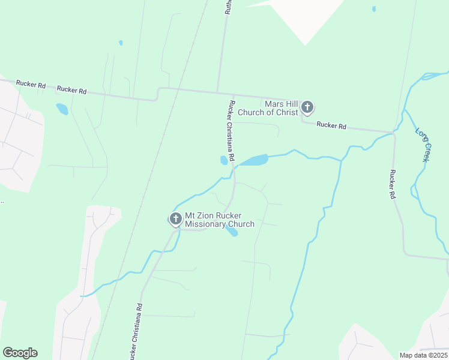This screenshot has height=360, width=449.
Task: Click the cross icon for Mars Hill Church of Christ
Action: [307, 107]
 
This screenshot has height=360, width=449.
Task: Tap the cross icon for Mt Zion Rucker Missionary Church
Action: [176, 219]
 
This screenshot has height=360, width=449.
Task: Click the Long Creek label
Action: [422, 144]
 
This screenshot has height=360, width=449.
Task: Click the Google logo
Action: [20, 353]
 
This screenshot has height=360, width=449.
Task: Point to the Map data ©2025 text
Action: [423, 355]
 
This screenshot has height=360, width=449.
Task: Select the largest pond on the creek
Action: [255, 160]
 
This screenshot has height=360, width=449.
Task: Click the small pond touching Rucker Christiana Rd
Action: [224, 160]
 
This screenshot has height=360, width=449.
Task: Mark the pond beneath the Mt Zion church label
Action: [232, 232]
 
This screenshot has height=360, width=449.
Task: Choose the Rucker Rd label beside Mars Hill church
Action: [331, 125]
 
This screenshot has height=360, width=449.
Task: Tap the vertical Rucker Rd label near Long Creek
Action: [392, 184]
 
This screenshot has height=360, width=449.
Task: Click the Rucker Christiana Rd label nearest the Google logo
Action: [136, 331]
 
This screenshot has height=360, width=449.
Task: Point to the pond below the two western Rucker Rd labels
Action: [62, 109]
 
